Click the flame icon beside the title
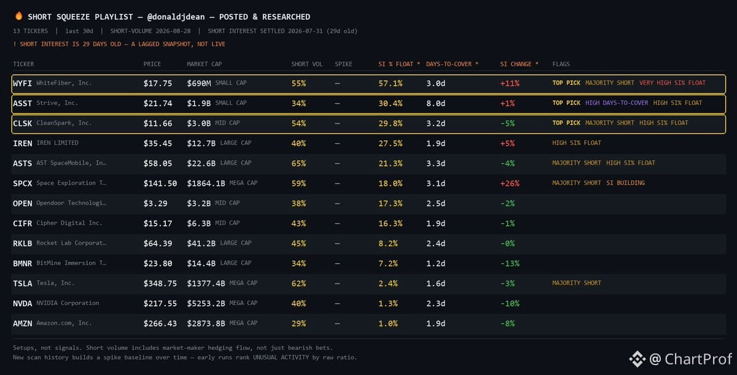tap(19, 16)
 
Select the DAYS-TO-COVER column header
tap(449, 64)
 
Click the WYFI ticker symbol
tap(22, 83)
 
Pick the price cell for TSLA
tap(160, 284)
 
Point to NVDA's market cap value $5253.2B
tap(206, 303)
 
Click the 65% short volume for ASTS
tap(298, 163)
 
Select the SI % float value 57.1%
tap(390, 83)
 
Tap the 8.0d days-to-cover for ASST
tap(435, 104)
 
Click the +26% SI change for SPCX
tap(510, 184)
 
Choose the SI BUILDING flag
tap(625, 183)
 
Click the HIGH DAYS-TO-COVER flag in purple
tap(617, 103)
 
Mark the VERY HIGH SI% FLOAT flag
tap(672, 83)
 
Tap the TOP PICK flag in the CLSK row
tap(566, 123)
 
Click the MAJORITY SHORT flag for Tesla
tap(577, 283)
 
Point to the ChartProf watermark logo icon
tap(638, 359)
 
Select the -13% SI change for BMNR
tap(510, 263)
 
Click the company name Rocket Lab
tap(71, 243)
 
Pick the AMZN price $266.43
tap(160, 323)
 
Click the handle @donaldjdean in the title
tap(176, 17)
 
